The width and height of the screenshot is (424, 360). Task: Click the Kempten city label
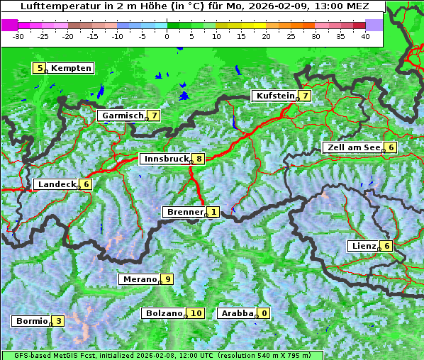click(71, 68)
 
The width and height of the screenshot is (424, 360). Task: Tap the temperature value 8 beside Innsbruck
click(200, 159)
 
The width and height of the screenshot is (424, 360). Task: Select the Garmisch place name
click(123, 115)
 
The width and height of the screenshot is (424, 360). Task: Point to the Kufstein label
click(274, 96)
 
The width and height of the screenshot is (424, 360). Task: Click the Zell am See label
click(352, 147)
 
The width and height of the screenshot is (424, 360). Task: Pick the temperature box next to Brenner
click(213, 212)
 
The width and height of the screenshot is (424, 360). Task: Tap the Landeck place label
click(57, 184)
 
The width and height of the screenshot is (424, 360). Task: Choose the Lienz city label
click(363, 246)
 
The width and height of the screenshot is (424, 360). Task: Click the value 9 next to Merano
click(167, 279)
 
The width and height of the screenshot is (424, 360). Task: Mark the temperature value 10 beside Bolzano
click(196, 313)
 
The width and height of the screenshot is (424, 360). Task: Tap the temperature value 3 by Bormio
click(58, 321)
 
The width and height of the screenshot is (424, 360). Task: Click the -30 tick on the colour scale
click(19, 35)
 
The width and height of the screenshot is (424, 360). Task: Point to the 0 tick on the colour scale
click(167, 35)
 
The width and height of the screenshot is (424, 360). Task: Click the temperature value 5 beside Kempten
click(40, 68)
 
